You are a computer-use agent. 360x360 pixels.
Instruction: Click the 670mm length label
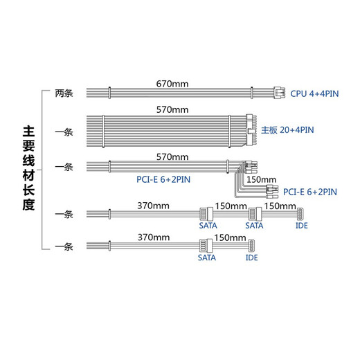(x=172, y=84)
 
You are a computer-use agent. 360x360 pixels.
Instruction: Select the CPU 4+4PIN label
(x=314, y=93)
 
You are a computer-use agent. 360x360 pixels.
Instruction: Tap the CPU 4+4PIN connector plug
(x=279, y=93)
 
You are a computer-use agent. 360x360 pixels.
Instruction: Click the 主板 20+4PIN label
(x=287, y=130)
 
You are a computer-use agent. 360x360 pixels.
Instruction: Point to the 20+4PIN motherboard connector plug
(x=251, y=130)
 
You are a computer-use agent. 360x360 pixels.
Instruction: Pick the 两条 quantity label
(x=64, y=93)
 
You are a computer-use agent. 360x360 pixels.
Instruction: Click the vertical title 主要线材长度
(x=28, y=168)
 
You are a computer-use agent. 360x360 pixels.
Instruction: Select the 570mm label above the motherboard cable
(x=172, y=109)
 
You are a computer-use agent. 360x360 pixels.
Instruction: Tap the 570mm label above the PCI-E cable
(x=172, y=157)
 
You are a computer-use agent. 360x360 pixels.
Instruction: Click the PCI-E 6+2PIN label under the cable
(x=163, y=179)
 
